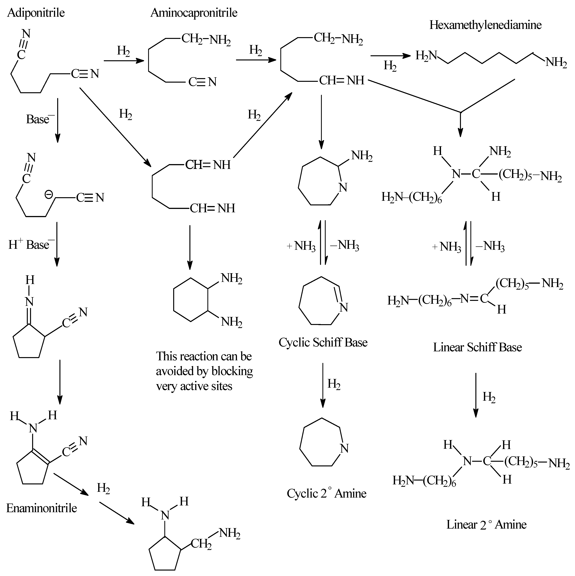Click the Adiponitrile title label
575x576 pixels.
36,13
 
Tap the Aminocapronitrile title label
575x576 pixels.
194,13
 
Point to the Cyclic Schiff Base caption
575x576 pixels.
323,342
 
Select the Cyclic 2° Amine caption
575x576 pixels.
326,493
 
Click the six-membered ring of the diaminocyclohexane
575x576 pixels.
191,300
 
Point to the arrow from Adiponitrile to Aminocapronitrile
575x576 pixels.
124,61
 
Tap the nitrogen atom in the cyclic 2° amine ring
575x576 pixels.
344,449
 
